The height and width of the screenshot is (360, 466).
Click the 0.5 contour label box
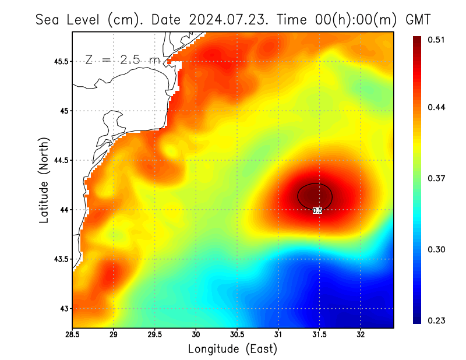coord(317,210)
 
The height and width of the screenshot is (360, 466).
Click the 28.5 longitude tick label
coord(73,335)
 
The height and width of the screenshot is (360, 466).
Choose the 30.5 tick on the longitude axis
coord(237,335)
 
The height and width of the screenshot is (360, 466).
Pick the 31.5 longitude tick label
coord(319,335)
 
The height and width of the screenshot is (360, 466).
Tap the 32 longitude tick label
coord(361,335)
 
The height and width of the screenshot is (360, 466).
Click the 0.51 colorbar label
coord(437,40)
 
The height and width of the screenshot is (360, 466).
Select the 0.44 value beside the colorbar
coord(437,108)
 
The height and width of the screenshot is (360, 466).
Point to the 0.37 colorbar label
coord(437,179)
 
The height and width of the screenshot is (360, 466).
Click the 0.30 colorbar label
coord(437,250)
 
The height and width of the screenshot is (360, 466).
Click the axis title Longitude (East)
coord(233,349)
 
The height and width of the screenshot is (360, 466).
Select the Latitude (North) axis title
coord(44,179)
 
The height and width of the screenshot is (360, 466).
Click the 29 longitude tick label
coord(114,335)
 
